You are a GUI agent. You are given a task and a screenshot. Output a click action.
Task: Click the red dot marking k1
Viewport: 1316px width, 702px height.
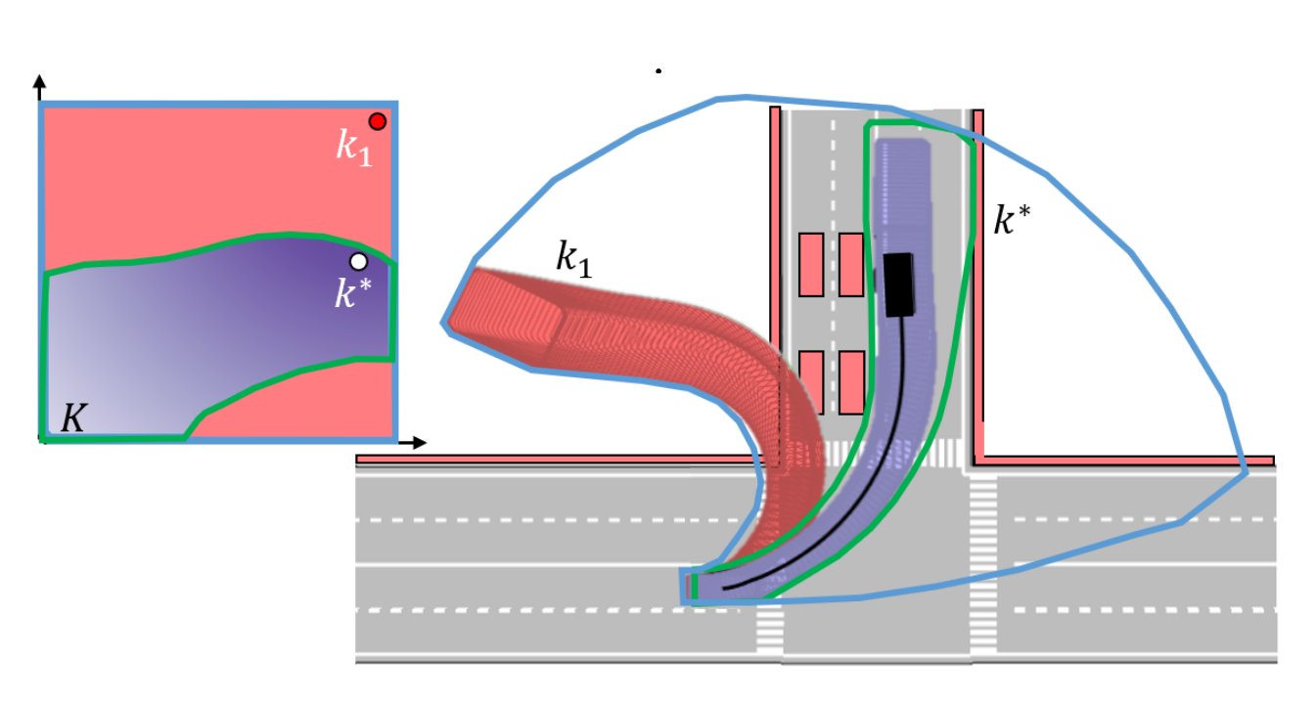tap(377, 121)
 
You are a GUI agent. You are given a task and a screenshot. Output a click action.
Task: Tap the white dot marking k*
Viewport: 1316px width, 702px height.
tap(358, 261)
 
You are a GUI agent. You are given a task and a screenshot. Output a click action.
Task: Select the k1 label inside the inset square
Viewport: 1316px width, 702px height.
tap(353, 148)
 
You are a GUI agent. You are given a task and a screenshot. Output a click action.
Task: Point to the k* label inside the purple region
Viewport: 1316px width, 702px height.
tap(352, 293)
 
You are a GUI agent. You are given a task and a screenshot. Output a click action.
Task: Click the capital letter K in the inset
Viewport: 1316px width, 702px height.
tap(74, 417)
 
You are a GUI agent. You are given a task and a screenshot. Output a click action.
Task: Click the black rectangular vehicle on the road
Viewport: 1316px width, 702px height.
tap(899, 285)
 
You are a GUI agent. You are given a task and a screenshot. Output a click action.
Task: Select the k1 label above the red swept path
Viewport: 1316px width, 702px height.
tap(574, 259)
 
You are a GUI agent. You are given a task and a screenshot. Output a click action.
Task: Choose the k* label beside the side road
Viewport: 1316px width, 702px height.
tap(1012, 220)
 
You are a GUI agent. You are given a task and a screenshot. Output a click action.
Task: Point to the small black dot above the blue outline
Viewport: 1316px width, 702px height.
tap(658, 71)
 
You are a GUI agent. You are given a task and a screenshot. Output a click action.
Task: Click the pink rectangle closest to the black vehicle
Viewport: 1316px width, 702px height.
tap(851, 265)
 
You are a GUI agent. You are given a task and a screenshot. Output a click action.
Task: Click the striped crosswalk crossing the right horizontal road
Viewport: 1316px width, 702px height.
tap(983, 562)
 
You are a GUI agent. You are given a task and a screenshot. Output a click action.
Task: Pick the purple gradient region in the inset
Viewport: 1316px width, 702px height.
tap(217, 329)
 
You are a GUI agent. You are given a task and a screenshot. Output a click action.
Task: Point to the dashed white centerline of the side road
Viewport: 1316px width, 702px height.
tap(833, 282)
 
